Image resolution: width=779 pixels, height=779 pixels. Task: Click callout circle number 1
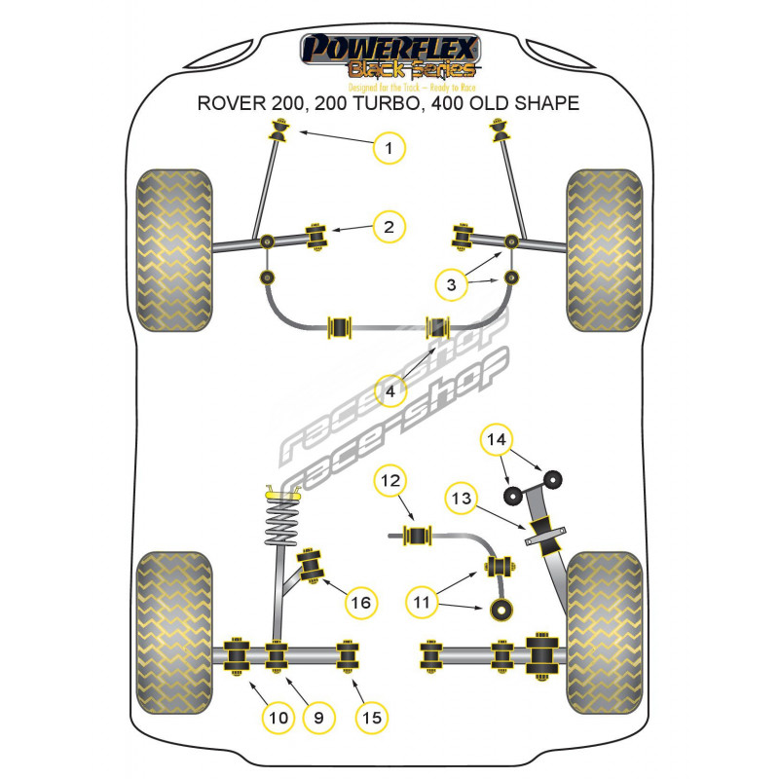pyautogui.click(x=389, y=148)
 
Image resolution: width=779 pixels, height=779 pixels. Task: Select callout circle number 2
pyautogui.click(x=389, y=227)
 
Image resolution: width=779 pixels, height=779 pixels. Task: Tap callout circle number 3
pyautogui.click(x=450, y=284)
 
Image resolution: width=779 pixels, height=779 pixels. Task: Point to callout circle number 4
pyautogui.click(x=389, y=392)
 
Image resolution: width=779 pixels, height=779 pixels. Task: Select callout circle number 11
pyautogui.click(x=421, y=604)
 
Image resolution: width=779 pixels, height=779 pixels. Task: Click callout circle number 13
pyautogui.click(x=460, y=499)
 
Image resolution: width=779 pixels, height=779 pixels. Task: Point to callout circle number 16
pyautogui.click(x=360, y=604)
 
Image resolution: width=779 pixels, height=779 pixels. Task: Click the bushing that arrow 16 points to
pyautogui.click(x=314, y=563)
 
